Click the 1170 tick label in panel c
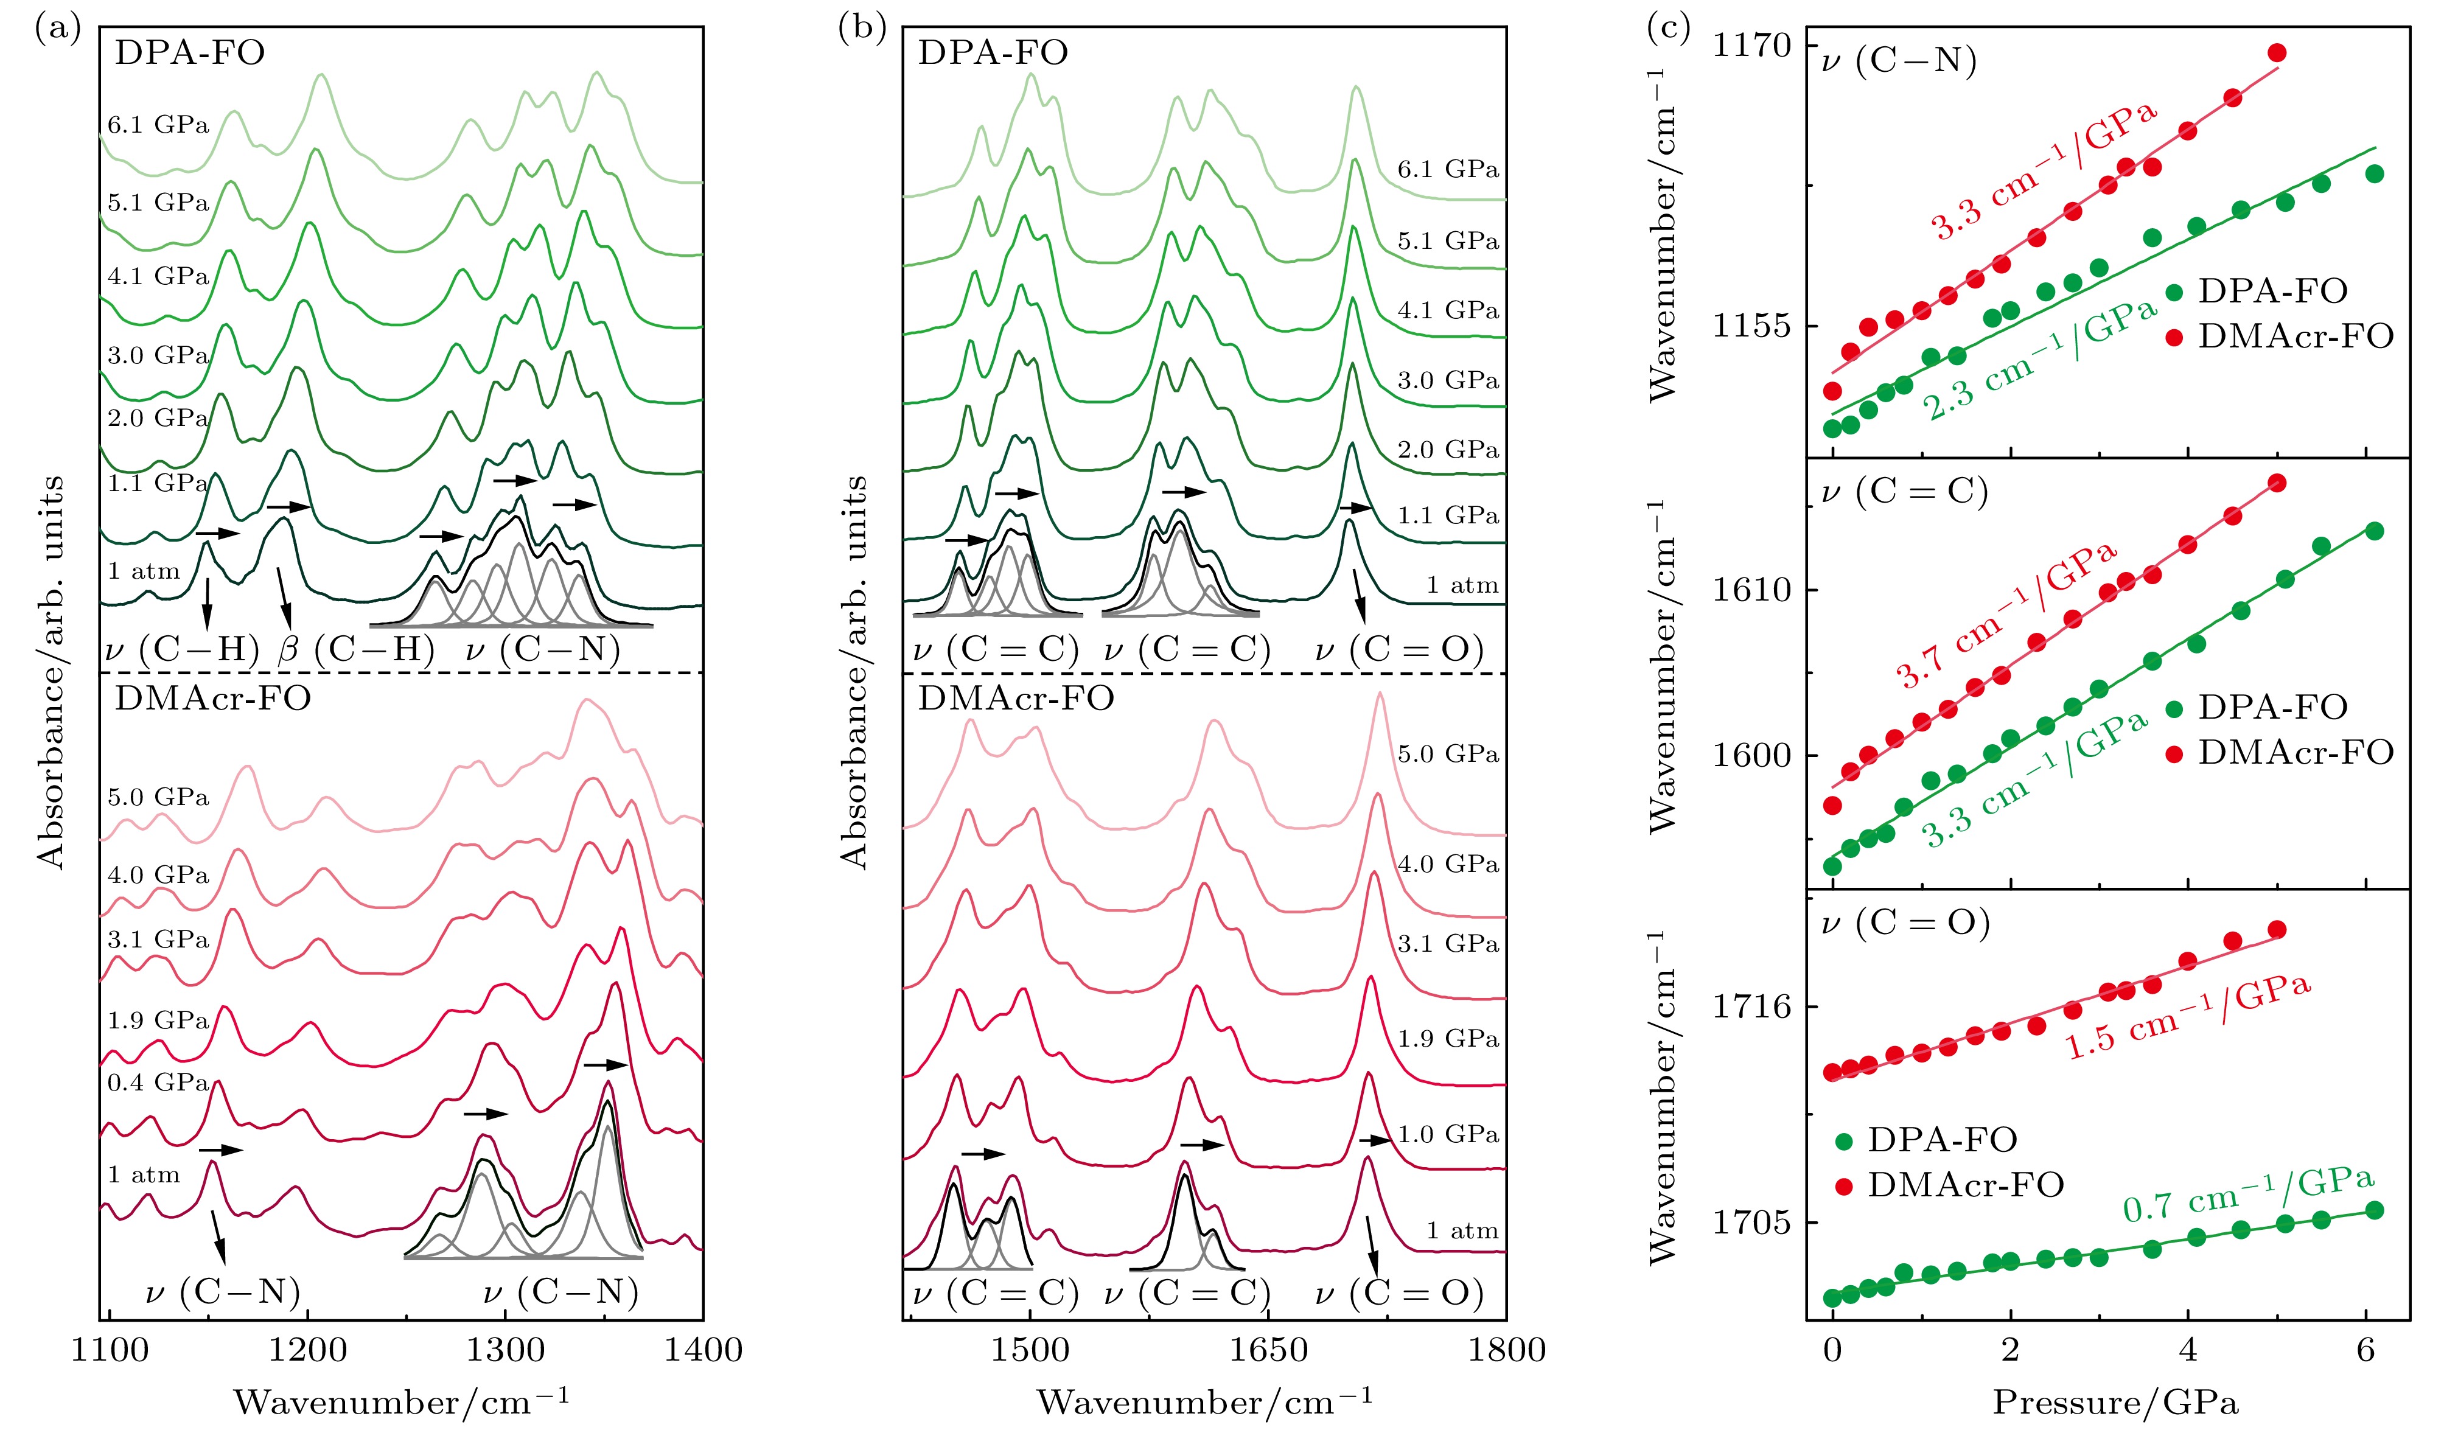(x=1751, y=46)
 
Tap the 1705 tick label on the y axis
(x=1751, y=1222)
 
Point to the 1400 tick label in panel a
(x=703, y=1350)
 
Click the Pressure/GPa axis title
(x=2115, y=1402)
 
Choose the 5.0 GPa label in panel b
(x=1448, y=755)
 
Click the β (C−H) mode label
(x=356, y=649)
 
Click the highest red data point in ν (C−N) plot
(x=2277, y=52)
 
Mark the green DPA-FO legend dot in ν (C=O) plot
(x=1844, y=1141)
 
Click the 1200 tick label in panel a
(x=307, y=1350)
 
